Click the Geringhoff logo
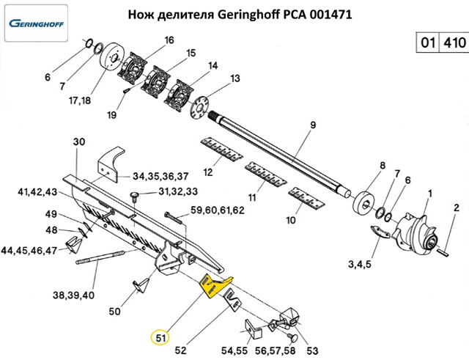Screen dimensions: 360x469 37,22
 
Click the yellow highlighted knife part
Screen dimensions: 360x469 215,286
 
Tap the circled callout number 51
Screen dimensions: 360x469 160,339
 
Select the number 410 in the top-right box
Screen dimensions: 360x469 454,43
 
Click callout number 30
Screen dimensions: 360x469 80,141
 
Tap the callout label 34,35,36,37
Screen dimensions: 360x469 160,176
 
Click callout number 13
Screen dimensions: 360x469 235,78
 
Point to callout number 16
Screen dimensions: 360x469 169,40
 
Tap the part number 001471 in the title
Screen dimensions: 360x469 323,14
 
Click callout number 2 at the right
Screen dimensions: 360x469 456,208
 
